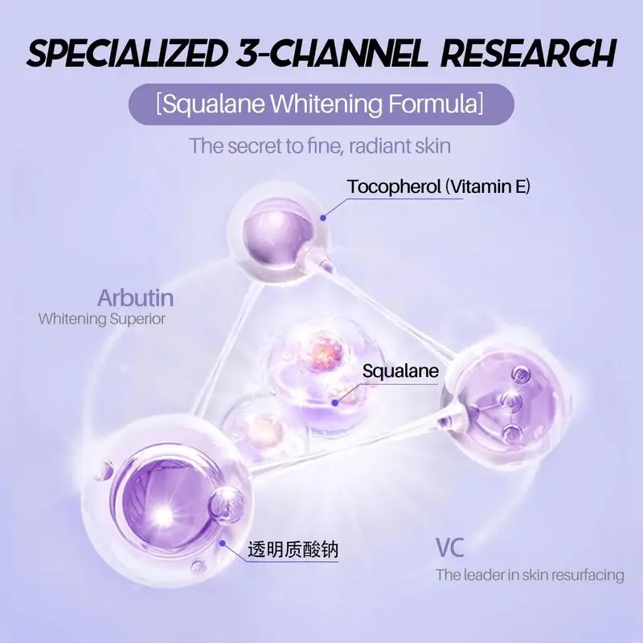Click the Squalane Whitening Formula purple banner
tap(321, 104)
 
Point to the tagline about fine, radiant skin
tap(320, 146)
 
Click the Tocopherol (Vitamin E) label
tap(439, 187)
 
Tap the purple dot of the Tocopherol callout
tap(322, 215)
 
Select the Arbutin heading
tap(135, 298)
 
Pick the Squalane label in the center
tap(399, 371)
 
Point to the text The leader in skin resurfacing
tap(530, 575)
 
